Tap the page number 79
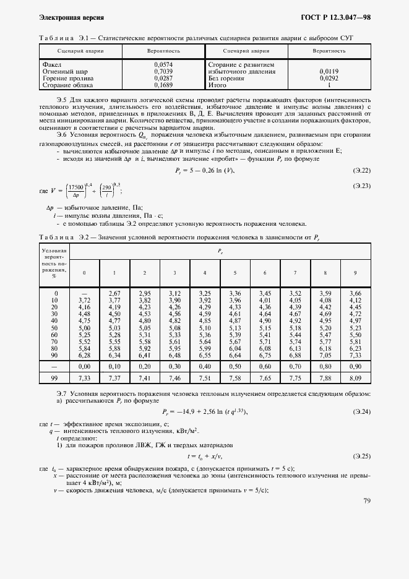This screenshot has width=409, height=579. tap(367, 501)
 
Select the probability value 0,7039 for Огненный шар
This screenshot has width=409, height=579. tap(163, 72)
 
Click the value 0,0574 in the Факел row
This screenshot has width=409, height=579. tap(163, 64)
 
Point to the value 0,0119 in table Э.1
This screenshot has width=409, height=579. tap(329, 72)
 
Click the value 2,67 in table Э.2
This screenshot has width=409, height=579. tap(114, 293)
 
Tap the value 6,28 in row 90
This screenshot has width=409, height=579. tap(85, 355)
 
